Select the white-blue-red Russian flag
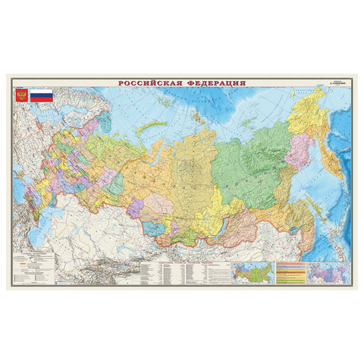click(x=40, y=96)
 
